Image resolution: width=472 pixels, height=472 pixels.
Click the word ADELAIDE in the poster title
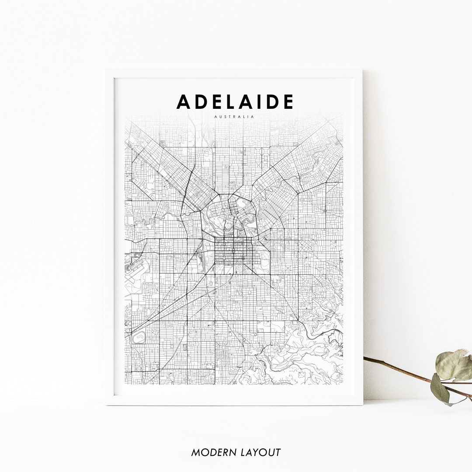(x=235, y=102)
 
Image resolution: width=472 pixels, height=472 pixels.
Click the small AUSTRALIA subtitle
(x=235, y=117)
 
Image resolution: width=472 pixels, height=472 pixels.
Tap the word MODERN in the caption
(x=212, y=452)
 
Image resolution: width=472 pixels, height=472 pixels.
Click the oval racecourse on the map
(x=139, y=337)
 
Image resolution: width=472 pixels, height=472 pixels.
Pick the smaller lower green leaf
(x=440, y=389)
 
